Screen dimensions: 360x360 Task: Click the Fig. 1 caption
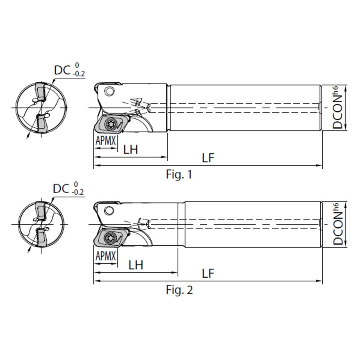tap(179, 174)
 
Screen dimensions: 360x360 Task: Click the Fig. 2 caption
tap(179, 290)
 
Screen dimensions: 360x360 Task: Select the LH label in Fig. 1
tap(130, 149)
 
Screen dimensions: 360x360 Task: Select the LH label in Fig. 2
tap(136, 265)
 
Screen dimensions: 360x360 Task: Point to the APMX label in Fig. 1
tap(106, 140)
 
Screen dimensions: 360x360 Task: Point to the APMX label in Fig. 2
tap(106, 256)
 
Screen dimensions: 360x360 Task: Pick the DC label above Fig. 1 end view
tap(62, 70)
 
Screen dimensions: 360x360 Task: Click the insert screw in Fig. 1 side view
tap(111, 123)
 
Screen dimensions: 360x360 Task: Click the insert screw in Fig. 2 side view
tap(111, 238)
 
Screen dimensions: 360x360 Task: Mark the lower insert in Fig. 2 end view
tap(43, 236)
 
